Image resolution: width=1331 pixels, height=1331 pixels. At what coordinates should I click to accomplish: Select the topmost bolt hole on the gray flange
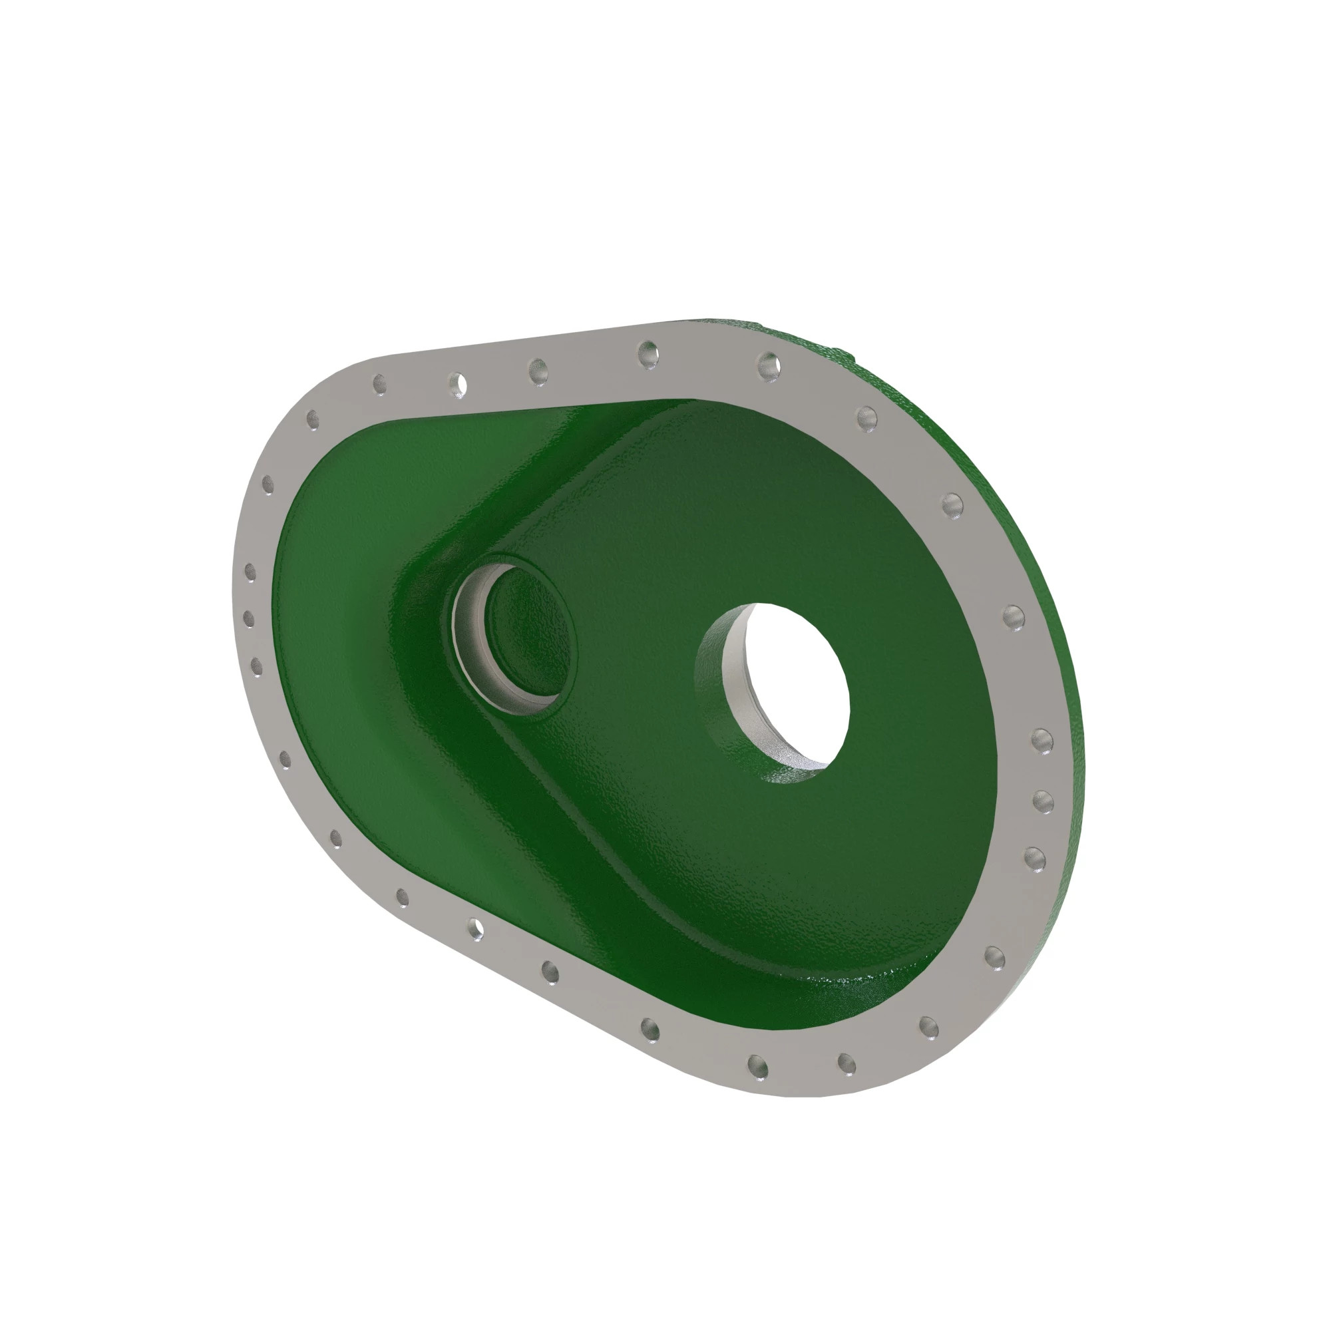point(648,355)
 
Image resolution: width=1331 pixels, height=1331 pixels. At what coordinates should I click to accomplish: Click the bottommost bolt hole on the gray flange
point(758,1067)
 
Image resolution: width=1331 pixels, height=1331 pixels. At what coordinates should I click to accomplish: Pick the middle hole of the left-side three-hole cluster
point(249,618)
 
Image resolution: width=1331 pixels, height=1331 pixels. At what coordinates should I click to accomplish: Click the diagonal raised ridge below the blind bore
point(586,813)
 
